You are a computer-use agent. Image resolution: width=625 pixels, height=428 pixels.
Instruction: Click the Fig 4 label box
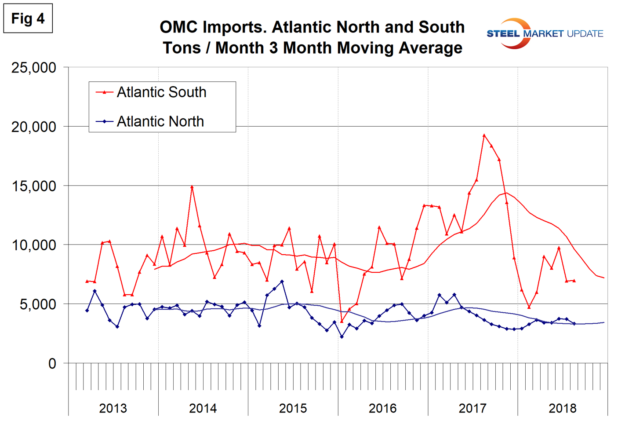(28, 18)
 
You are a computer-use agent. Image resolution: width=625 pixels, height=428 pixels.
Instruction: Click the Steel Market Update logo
(545, 33)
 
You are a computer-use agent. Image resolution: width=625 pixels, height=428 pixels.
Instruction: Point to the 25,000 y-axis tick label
(34, 68)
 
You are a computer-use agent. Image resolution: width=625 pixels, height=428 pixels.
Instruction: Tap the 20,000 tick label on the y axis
(34, 127)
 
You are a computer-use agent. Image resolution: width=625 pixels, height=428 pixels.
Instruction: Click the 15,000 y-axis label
(34, 186)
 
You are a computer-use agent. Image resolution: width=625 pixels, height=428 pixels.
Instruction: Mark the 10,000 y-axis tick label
(34, 245)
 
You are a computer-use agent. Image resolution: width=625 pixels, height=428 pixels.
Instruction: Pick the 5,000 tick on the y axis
(38, 304)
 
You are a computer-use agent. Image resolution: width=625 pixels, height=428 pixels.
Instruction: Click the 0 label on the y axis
(52, 364)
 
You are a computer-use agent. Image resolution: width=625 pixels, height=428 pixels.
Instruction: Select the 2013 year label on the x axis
(113, 408)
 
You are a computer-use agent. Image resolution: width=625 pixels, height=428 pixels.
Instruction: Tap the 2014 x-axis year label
(203, 408)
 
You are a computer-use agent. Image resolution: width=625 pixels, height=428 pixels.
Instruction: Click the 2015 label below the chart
(293, 408)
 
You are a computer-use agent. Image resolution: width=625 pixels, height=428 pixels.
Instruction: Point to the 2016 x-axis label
(382, 408)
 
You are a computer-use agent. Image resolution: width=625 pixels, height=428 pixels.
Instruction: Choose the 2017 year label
(472, 408)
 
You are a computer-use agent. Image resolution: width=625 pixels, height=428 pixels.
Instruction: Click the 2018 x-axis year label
(562, 408)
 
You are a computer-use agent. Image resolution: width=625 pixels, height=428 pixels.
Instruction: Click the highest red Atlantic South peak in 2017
(484, 135)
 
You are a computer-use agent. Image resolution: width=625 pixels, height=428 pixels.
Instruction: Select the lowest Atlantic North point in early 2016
(342, 337)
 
